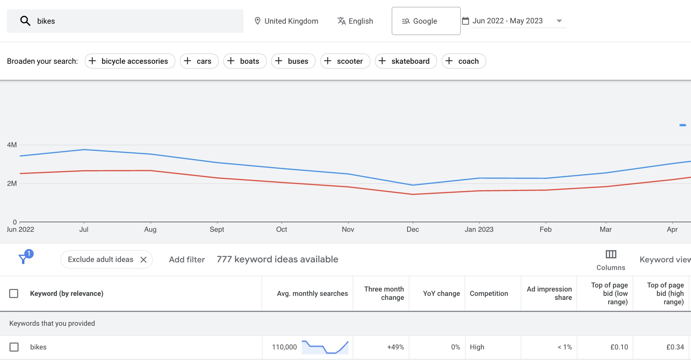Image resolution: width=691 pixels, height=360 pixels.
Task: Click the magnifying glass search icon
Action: coord(25,21)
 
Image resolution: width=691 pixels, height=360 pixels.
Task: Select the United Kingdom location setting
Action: coord(286,21)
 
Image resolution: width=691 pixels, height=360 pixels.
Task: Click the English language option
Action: coord(355,21)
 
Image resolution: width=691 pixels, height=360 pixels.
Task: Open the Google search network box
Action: coord(426,21)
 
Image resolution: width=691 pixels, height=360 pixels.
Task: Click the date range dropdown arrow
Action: coord(559,21)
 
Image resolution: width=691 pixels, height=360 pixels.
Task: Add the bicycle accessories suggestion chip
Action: coord(130,61)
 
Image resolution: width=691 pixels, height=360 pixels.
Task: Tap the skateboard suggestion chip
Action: coord(406,61)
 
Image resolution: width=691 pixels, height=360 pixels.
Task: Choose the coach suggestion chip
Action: coord(463,61)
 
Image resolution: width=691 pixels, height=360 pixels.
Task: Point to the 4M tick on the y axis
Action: coord(12,145)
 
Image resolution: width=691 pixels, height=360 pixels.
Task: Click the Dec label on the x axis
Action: coord(413,229)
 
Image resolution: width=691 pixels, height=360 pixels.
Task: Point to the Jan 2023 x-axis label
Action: coord(479,229)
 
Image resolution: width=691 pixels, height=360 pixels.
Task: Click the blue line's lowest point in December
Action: coord(413,185)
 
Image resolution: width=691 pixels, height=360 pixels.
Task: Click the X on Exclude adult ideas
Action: coord(144,259)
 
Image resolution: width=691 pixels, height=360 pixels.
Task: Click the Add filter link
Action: coord(187,259)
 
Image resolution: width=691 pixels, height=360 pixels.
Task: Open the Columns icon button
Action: coord(611,254)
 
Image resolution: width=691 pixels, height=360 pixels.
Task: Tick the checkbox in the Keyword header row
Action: coord(14,293)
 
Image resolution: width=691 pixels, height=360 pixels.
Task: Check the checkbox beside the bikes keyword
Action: coord(14,347)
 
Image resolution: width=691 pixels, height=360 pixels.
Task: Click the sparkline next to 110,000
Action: coord(325,347)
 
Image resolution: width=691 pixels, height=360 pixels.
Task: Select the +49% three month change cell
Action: coord(395,347)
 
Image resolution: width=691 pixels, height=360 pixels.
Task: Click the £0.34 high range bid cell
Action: coord(675,347)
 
